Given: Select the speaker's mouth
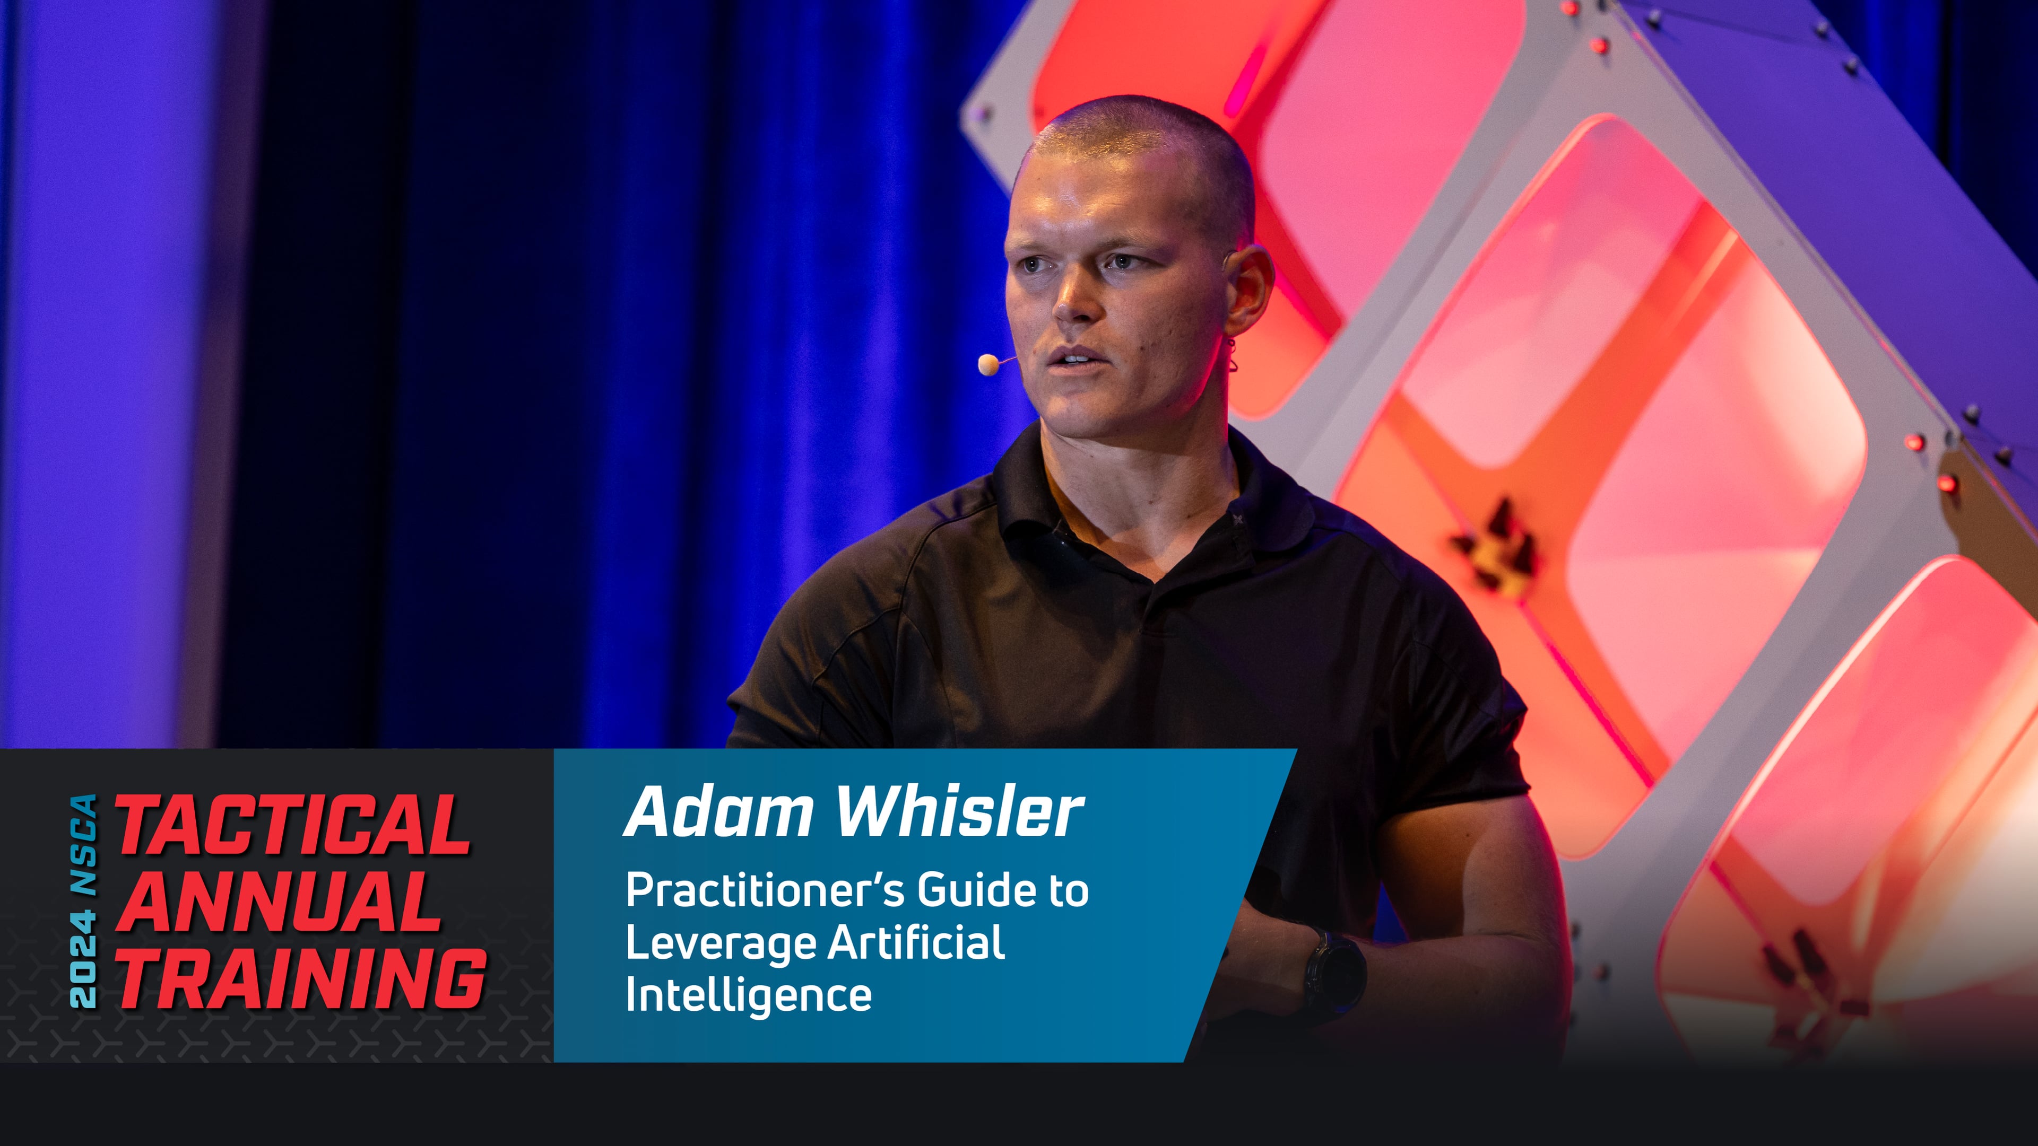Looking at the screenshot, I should [1072, 357].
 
